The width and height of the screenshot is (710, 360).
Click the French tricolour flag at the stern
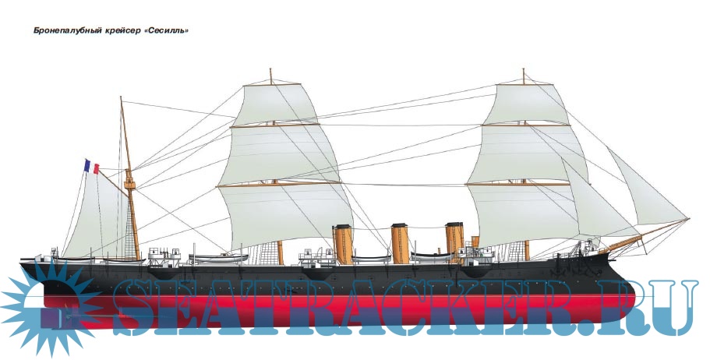[x=90, y=166]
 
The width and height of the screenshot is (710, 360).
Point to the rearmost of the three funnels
[x=341, y=243]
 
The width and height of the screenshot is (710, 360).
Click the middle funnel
[x=399, y=242]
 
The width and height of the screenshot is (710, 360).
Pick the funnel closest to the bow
[x=454, y=240]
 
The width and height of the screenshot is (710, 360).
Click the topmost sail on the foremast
[x=524, y=101]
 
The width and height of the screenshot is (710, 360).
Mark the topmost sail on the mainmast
[x=273, y=102]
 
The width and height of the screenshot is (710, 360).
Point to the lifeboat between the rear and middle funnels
[x=369, y=256]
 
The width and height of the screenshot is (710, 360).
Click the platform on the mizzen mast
[x=129, y=185]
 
